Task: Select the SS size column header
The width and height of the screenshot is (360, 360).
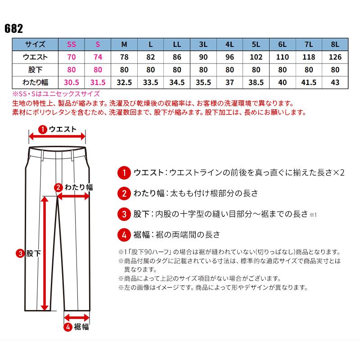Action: tap(71, 45)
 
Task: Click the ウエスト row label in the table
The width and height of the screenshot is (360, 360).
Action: tap(35, 57)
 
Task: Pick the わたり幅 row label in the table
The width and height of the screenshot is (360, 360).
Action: tap(35, 82)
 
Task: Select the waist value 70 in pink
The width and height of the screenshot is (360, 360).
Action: tap(71, 57)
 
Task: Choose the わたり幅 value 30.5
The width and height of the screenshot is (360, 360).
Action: tap(71, 82)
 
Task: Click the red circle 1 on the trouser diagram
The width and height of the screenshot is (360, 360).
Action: tap(42, 130)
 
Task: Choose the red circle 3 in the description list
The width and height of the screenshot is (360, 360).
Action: tap(123, 214)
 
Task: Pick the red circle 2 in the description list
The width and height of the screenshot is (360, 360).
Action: tap(123, 194)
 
